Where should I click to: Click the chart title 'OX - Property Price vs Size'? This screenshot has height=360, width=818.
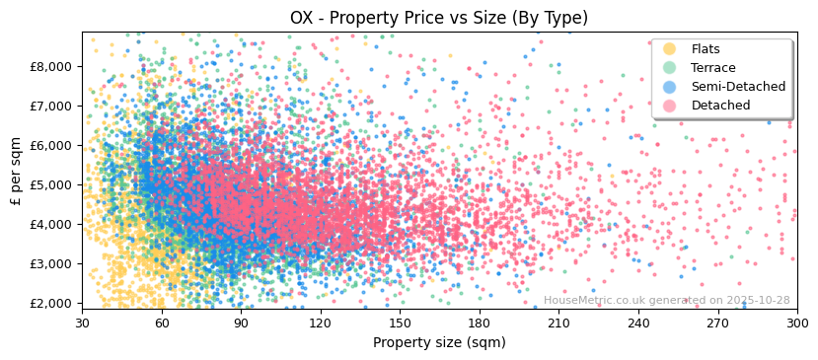(x=438, y=18)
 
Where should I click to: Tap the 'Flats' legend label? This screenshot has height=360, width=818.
(x=706, y=49)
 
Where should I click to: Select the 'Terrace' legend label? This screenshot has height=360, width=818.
(x=713, y=68)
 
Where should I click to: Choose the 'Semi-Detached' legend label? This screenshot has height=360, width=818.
(x=738, y=87)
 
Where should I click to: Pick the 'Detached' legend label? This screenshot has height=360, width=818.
(x=720, y=106)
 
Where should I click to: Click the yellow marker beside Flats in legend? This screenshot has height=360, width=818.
(x=670, y=49)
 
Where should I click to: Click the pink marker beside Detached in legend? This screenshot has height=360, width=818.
(x=670, y=106)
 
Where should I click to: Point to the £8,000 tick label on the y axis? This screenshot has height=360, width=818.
(x=49, y=66)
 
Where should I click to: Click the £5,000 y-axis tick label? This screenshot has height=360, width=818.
(x=49, y=184)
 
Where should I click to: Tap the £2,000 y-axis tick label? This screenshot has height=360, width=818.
(x=49, y=303)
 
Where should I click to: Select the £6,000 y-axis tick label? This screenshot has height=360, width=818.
(x=49, y=145)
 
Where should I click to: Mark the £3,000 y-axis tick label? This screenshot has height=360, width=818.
(x=49, y=263)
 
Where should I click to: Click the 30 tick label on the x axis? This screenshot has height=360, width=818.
(x=82, y=323)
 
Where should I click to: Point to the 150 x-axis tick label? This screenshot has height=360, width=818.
(x=400, y=323)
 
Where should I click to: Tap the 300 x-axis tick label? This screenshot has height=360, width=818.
(x=796, y=323)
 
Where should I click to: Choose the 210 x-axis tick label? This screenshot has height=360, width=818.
(x=558, y=323)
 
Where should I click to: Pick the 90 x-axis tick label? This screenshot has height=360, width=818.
(x=241, y=323)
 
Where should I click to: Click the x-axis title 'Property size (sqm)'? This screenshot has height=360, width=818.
(x=439, y=342)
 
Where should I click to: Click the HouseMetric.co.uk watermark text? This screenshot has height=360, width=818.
(x=666, y=301)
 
